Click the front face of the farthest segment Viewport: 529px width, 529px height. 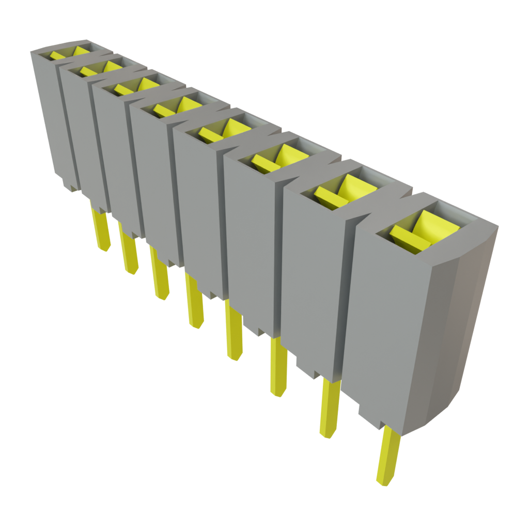tap(52, 114)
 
